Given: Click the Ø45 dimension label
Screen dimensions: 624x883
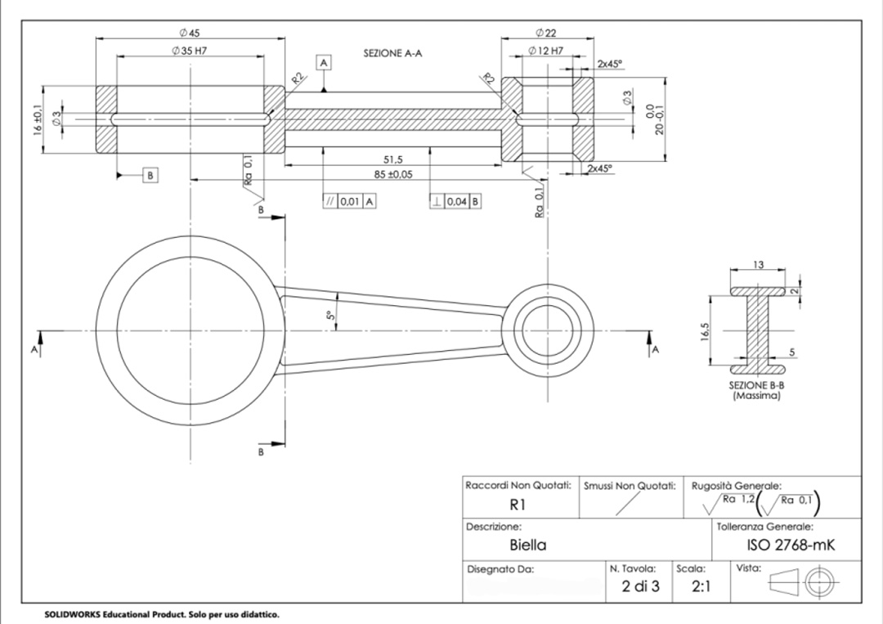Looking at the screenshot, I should click(190, 33).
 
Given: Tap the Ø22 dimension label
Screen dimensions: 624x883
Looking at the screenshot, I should click(546, 33).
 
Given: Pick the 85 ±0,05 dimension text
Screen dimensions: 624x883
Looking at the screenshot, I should click(389, 174).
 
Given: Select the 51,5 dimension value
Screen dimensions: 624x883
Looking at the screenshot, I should click(393, 159).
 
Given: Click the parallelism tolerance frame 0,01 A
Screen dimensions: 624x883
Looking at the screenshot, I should click(349, 201).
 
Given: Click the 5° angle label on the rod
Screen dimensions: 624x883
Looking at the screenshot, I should click(330, 316).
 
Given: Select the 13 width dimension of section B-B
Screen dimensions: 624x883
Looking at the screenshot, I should click(758, 265).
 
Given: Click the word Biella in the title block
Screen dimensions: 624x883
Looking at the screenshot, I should click(528, 545).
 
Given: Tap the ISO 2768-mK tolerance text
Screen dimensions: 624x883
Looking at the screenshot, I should click(791, 545).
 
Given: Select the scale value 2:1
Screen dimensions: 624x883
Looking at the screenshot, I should click(701, 586).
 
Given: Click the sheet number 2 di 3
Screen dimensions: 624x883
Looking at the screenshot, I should click(640, 586).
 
